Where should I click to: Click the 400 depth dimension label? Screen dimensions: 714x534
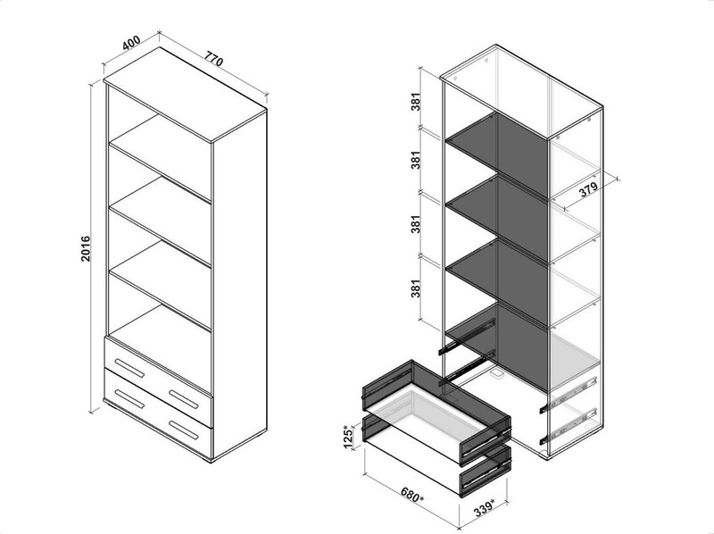[x=131, y=43]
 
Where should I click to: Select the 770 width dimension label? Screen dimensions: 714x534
[x=213, y=59]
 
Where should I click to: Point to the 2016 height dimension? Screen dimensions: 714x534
[x=86, y=248]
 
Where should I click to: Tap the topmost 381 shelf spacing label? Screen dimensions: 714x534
[x=415, y=102]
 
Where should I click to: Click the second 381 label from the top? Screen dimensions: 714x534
[x=415, y=160]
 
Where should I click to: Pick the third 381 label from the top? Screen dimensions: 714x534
[x=415, y=224]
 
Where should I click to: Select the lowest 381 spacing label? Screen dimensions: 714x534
[x=415, y=288]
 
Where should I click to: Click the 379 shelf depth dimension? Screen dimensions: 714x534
[x=588, y=189]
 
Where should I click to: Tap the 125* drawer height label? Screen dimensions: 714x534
[x=348, y=437]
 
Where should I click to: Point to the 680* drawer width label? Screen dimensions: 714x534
[x=412, y=496]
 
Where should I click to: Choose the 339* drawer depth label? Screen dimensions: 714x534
[x=483, y=508]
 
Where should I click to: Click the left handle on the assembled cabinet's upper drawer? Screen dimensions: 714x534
[x=129, y=368]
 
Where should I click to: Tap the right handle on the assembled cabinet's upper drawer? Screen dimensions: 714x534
[x=184, y=399]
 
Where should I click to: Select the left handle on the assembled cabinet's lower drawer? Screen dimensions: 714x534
[x=129, y=399]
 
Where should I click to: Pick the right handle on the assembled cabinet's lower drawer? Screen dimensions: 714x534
[x=184, y=430]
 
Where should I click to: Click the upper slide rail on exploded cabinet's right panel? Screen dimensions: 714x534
[x=568, y=394]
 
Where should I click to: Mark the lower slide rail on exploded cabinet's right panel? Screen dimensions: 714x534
[x=568, y=426]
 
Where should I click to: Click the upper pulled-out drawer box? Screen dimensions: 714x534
[x=436, y=413]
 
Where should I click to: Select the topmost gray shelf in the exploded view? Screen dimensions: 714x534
[x=497, y=155]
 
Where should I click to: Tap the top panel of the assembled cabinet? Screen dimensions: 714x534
[x=185, y=95]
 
